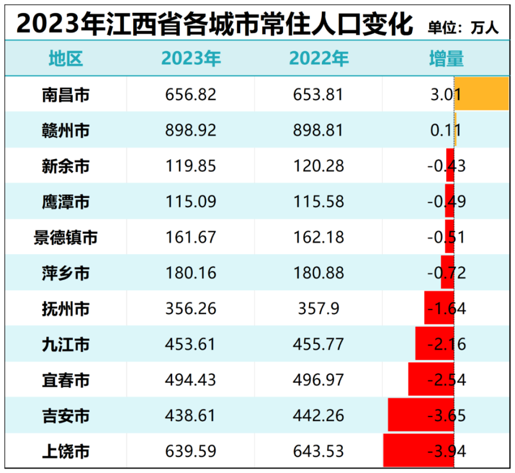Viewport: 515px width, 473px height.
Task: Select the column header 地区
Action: point(66,58)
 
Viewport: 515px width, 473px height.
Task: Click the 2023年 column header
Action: point(191,58)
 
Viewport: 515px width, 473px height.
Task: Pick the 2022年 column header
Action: point(319,58)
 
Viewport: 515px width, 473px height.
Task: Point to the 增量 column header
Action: point(446,58)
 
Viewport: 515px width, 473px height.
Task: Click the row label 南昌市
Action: point(66,95)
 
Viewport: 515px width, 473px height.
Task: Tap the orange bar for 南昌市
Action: point(481,94)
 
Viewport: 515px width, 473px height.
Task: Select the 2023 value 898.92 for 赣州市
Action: point(191,130)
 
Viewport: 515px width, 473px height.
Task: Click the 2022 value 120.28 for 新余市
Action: point(319,166)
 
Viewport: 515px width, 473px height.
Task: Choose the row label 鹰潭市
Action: point(66,202)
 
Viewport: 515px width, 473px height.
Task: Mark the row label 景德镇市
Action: point(66,237)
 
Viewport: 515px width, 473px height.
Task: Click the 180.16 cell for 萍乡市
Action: point(191,273)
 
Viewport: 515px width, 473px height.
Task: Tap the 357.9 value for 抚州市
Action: point(319,308)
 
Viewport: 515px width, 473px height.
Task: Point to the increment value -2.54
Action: point(446,380)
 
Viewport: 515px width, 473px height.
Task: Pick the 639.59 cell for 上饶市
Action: point(191,451)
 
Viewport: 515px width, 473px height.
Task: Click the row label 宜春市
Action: point(66,380)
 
